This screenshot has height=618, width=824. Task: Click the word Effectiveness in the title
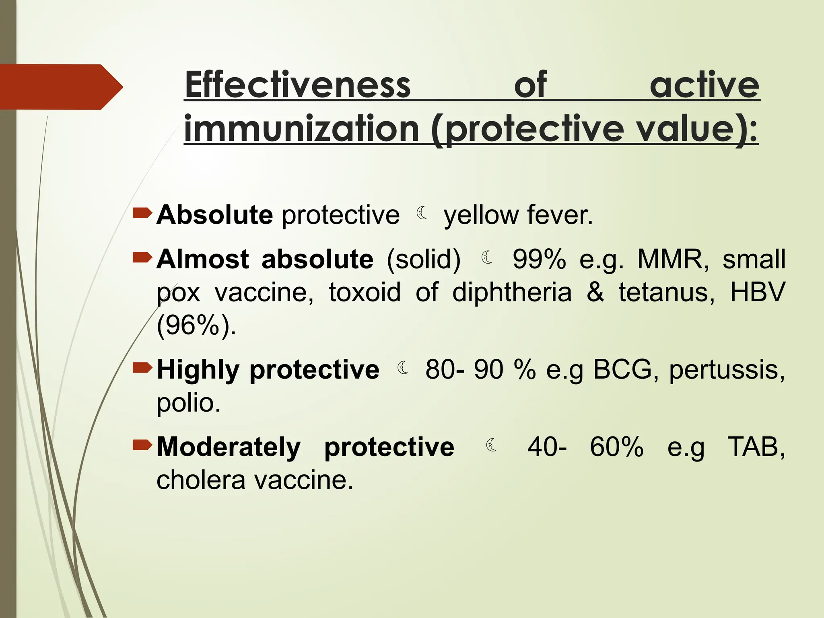[298, 85]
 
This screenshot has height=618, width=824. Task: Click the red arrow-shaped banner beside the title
[60, 87]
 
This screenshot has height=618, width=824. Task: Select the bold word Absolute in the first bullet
[215, 215]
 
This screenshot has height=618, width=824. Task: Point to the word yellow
[481, 216]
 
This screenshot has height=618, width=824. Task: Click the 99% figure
[539, 259]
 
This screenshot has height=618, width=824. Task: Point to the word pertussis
[727, 370]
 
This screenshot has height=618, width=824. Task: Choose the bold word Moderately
[229, 447]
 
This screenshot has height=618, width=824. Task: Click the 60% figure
[616, 447]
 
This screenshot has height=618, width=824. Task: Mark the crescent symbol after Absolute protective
[422, 213]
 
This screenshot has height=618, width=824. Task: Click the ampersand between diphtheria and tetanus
[595, 292]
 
